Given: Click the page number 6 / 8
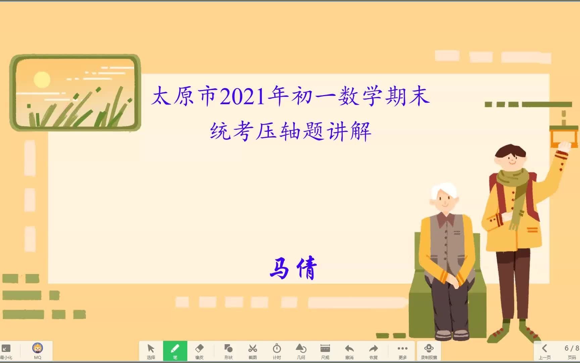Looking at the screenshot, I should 571,348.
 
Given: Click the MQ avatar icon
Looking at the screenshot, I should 37,348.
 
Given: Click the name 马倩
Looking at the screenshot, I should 293,268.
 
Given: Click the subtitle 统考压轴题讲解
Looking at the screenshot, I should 290,131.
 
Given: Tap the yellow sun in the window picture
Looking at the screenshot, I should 42,80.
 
